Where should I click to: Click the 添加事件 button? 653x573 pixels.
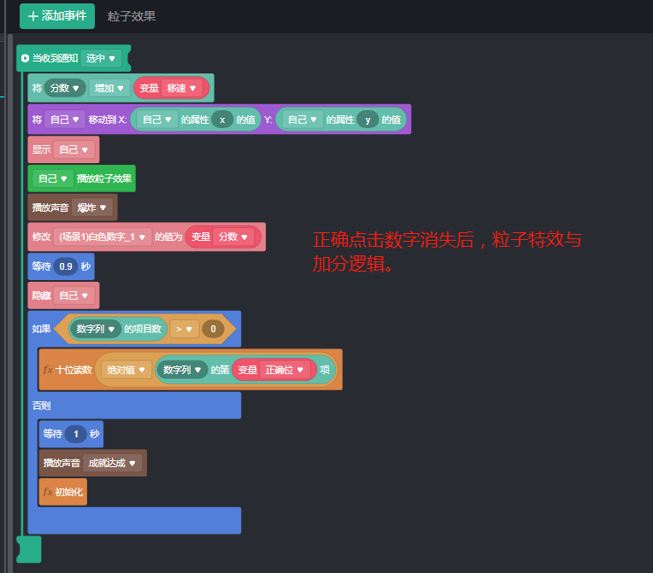[x=57, y=16]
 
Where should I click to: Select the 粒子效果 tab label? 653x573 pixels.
[x=132, y=16]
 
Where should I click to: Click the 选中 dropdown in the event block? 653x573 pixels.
[x=101, y=58]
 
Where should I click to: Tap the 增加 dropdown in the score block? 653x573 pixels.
[x=109, y=88]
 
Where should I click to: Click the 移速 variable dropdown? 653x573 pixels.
[x=181, y=88]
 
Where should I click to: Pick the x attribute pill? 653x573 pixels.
[x=222, y=120]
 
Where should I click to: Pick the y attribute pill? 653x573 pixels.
[x=368, y=120]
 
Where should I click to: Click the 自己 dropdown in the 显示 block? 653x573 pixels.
[x=74, y=149]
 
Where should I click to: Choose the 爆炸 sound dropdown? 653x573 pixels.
[x=91, y=208]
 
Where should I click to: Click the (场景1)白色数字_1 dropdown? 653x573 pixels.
[x=103, y=237]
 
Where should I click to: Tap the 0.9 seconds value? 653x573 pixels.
[x=66, y=266]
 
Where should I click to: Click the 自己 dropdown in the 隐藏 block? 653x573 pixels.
[x=74, y=295]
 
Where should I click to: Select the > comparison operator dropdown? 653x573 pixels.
[x=184, y=328]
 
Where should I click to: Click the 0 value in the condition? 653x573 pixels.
[x=213, y=328]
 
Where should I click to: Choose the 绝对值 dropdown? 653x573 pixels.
[x=126, y=370]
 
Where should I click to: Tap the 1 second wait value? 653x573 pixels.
[x=75, y=434]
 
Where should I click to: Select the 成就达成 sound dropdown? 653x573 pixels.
[x=113, y=463]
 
